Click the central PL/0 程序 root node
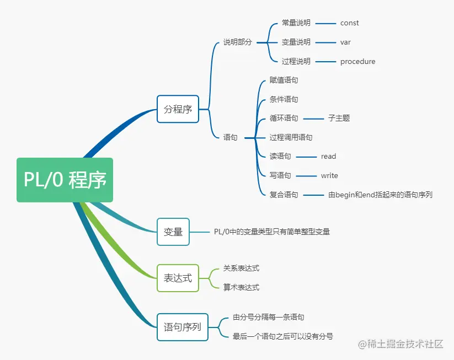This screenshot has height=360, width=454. pos(65,180)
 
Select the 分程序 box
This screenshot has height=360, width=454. pos(178,109)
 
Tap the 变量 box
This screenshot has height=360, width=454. pos(173,232)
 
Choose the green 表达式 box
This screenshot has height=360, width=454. pos(178,278)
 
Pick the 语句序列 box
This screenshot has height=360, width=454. pos(182,327)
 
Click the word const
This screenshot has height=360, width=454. pos(350,23)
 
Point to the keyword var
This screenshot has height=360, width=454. pos(345,42)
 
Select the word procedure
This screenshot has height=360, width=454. pos(357,62)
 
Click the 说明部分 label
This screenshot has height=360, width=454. pos(237,42)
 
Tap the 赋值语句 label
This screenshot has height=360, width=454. pos(284,80)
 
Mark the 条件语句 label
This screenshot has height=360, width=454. pos(284,100)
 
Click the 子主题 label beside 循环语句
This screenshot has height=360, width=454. pos(339,119)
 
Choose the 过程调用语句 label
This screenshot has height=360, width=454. pos(291,138)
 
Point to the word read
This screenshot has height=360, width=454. pos(328,157)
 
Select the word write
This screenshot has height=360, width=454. pos(329,176)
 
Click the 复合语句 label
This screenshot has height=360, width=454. pos(284,195)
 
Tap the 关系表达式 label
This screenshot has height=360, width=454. pos(241,268)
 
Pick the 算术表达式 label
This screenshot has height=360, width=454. pos(241,288)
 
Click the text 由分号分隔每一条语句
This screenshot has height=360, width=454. pos(268,318)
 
